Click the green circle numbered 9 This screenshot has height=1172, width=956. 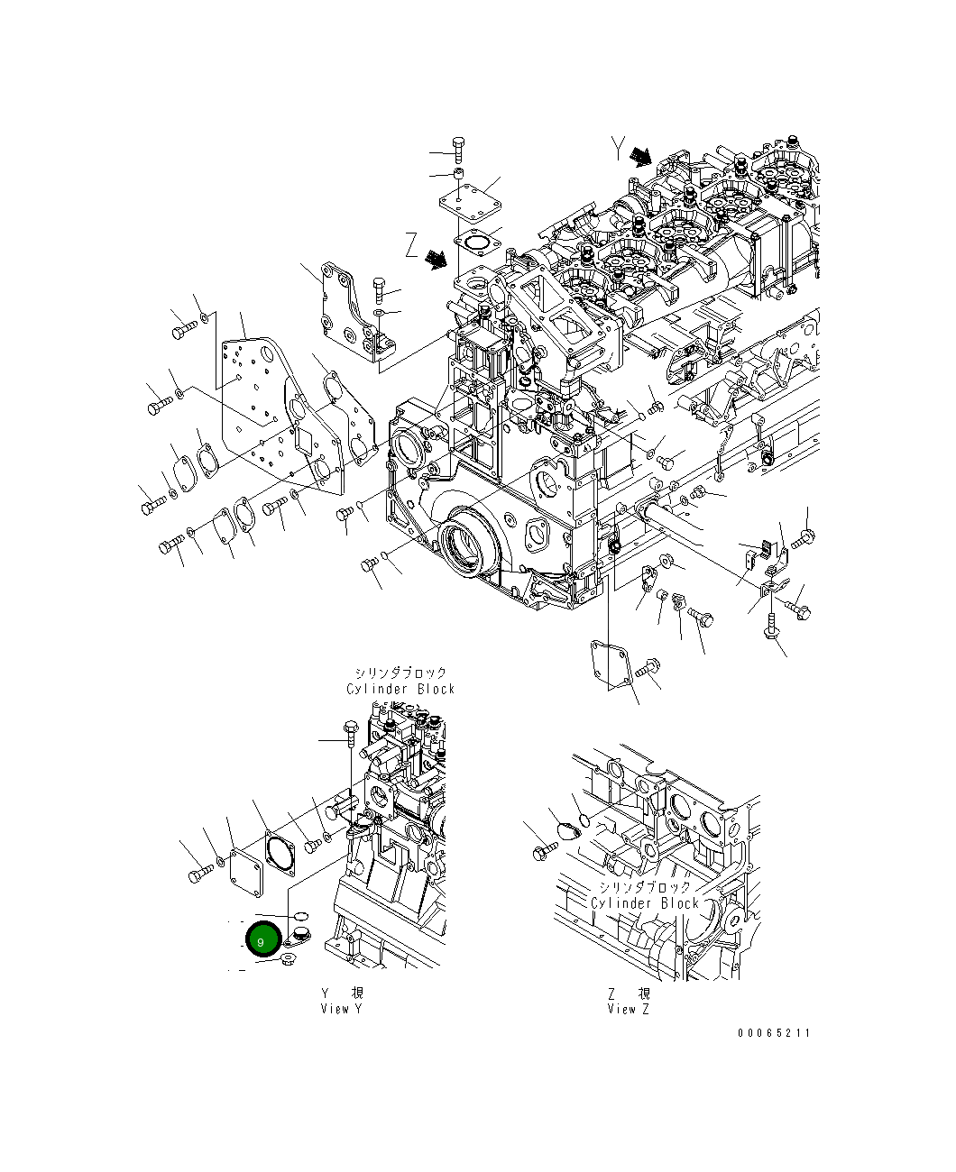tap(262, 941)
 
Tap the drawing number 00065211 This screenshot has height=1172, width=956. tap(773, 1033)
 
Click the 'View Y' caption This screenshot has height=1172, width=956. tap(341, 1009)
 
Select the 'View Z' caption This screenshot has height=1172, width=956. tap(629, 1009)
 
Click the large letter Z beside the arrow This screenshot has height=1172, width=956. tap(411, 245)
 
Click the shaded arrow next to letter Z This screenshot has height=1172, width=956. tap(437, 260)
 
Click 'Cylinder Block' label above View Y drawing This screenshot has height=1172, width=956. tap(400, 689)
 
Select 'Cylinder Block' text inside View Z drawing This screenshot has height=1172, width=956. tap(645, 902)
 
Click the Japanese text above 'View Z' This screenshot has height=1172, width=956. tap(629, 993)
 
